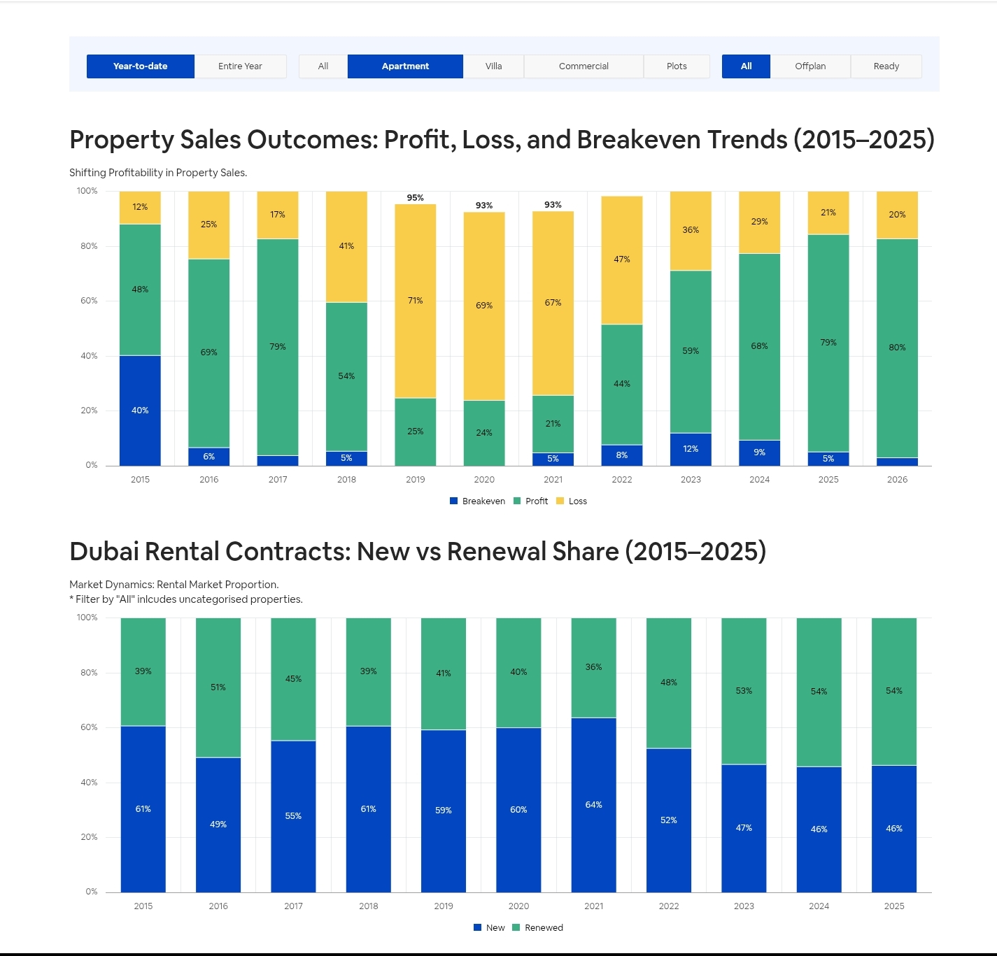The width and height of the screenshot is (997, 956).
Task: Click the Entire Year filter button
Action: click(240, 66)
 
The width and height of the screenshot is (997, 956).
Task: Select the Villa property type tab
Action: click(493, 66)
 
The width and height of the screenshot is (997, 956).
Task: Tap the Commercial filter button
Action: click(584, 66)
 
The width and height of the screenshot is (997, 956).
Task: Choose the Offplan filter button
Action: click(810, 66)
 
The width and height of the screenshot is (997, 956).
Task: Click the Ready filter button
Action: click(886, 66)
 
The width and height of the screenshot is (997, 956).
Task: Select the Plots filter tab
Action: click(677, 66)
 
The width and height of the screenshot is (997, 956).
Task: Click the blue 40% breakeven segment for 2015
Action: click(140, 411)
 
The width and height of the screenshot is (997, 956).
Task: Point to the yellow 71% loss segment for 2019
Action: click(415, 301)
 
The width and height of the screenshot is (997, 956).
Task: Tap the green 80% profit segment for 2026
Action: click(897, 348)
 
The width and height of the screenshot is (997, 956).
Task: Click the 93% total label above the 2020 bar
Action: click(484, 205)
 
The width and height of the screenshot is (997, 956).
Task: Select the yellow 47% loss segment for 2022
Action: click(621, 259)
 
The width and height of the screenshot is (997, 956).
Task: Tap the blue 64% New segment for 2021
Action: click(593, 805)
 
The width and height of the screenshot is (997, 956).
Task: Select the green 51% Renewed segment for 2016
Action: click(218, 687)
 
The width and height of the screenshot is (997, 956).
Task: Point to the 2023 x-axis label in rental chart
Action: click(744, 906)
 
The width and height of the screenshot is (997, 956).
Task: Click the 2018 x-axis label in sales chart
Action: click(346, 480)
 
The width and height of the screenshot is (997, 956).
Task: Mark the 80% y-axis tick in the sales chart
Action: click(89, 246)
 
